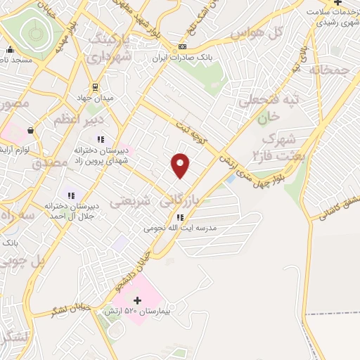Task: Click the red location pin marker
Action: (x=181, y=165)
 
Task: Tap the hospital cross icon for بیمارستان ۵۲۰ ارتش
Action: (x=137, y=300)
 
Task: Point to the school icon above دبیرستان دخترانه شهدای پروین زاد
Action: (x=101, y=139)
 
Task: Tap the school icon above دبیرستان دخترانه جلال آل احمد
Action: (x=70, y=195)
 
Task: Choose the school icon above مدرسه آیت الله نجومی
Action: (x=180, y=217)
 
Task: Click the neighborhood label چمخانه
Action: (x=309, y=70)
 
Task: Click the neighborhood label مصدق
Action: (x=50, y=163)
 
